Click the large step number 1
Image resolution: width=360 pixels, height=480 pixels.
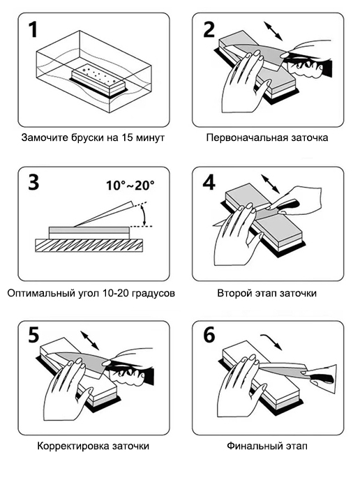point(33,30)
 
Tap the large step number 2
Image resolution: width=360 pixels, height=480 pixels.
point(209,30)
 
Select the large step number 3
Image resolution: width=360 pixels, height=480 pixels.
point(33,183)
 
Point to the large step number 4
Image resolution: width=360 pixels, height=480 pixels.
point(209,183)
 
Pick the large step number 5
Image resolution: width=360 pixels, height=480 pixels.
point(33,335)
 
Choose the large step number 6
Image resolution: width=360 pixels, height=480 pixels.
point(209,335)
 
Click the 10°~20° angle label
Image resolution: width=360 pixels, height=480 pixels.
point(130,186)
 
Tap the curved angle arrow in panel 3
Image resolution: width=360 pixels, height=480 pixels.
point(144,216)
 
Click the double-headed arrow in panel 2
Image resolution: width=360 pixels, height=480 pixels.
point(273,31)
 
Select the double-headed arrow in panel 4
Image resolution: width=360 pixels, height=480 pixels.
point(270,183)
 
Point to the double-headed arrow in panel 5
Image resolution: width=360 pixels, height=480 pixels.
point(89,340)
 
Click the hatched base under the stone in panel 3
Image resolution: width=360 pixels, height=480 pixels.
point(89,246)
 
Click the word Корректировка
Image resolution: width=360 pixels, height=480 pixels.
point(73,446)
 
